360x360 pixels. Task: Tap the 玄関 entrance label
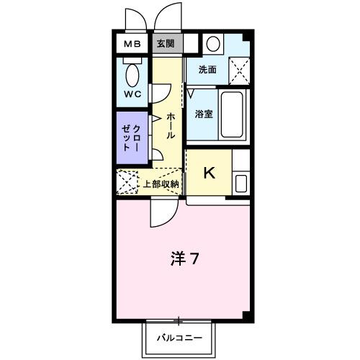pos(166,44)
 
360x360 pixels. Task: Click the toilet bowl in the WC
pos(132,74)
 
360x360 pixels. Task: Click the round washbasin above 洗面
pos(213,44)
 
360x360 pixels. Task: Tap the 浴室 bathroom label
pos(203,114)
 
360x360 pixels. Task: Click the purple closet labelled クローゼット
pos(131,137)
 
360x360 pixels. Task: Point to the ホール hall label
pos(171,127)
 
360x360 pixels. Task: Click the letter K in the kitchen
pos(209,173)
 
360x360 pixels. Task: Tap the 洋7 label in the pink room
pos(184,258)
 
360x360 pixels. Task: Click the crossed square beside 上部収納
pos(127,182)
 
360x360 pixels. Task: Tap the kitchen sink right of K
pos(240,183)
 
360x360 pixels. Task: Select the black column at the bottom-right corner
pos(248,317)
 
